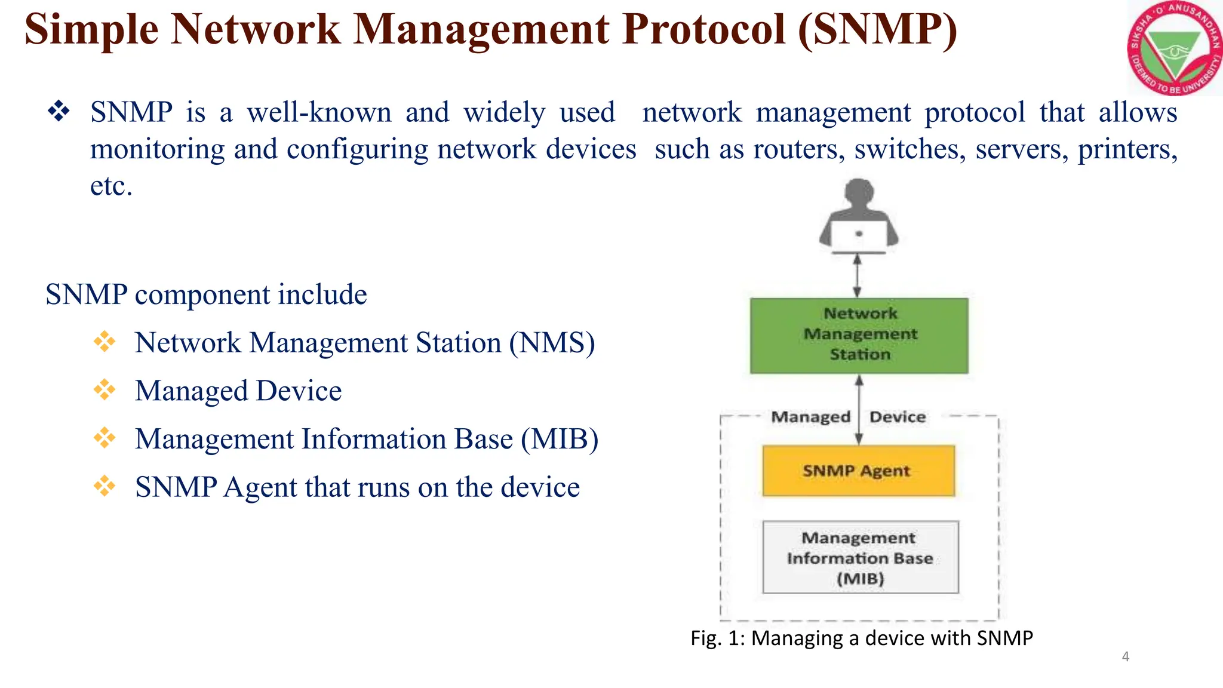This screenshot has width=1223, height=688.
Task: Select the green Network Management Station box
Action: tap(859, 336)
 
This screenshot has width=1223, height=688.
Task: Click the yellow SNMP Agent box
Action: tap(858, 471)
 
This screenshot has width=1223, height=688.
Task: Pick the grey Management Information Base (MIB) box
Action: tap(860, 557)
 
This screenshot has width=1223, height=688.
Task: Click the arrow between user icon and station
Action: tap(857, 276)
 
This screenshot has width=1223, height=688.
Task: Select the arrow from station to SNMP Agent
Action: tap(859, 410)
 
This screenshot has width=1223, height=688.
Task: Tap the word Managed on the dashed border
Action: tap(810, 417)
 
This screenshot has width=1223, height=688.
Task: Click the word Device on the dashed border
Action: tap(898, 417)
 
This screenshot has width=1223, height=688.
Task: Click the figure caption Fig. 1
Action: tap(861, 638)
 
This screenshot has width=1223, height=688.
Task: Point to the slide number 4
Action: tap(1125, 656)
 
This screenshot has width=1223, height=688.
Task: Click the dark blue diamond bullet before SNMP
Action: tap(59, 112)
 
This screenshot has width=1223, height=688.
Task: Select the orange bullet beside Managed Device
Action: tap(105, 390)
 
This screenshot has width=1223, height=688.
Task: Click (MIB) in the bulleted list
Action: tap(560, 439)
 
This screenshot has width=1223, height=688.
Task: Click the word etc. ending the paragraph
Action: tap(111, 186)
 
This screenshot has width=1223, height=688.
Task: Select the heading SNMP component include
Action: tap(206, 294)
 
